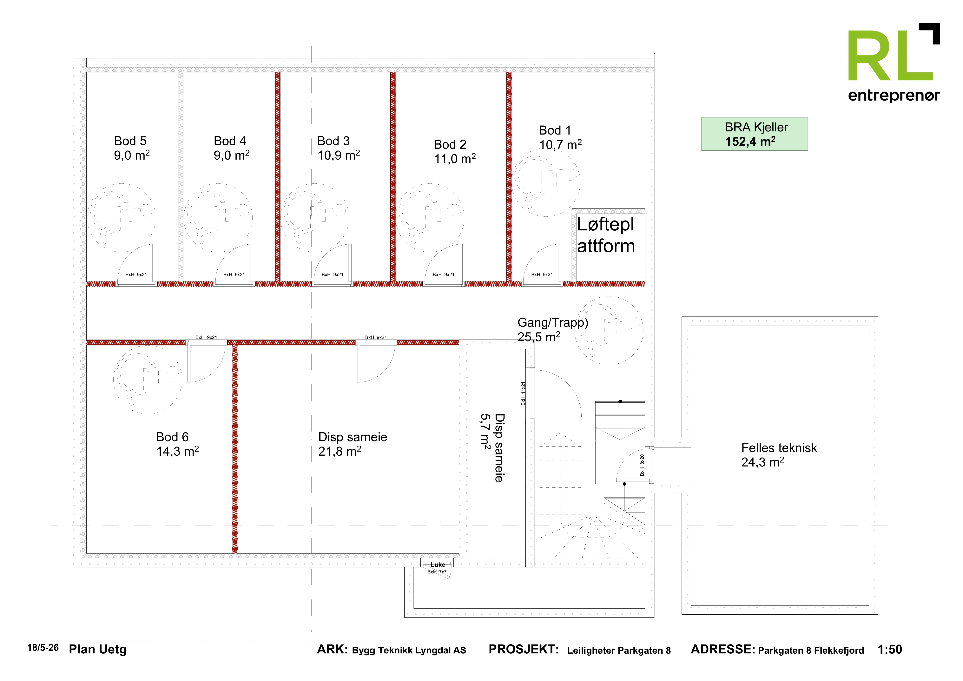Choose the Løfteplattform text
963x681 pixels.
coord(606,235)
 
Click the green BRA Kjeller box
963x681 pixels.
coord(754,134)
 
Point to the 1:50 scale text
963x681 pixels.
coord(890,650)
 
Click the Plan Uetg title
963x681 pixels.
coord(98,650)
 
